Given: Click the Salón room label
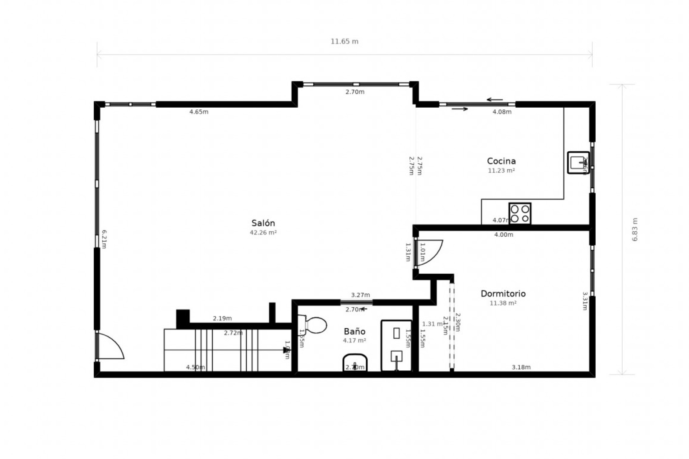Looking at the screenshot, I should coord(263,223).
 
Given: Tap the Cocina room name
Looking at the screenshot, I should coord(501,161).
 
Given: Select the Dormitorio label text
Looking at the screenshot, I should coord(503,294).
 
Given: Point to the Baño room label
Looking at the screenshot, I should coord(355,331).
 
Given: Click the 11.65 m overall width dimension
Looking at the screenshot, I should coord(344,41).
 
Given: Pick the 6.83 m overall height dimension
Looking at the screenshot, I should coord(635,229).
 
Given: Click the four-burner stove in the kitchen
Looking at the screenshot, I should coord(520,214).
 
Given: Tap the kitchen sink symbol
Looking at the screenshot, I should coord(578,163).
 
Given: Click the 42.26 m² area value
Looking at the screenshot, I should coord(263,232).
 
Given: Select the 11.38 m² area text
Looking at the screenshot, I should coord(503,303).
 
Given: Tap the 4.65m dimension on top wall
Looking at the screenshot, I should coord(199,112).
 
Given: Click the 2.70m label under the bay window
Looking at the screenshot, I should coord(355,92).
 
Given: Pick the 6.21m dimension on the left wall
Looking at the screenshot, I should coord(104,239).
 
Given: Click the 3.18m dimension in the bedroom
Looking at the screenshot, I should coord(521,367).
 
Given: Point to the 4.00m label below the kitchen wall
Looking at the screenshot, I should coord(503,235).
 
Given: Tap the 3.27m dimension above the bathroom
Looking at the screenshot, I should coord(360,295).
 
